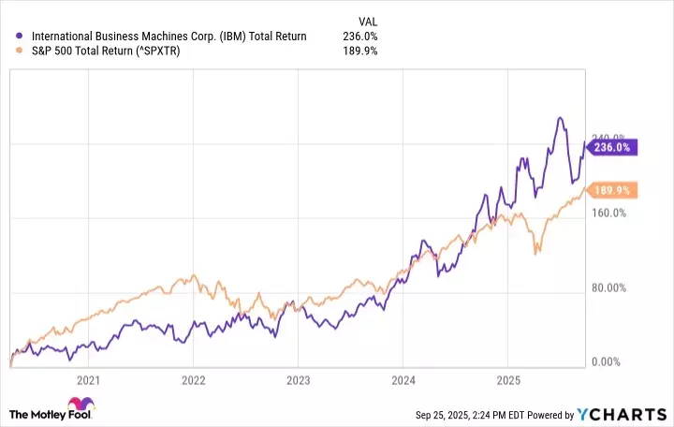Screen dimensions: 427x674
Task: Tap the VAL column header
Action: click(369, 21)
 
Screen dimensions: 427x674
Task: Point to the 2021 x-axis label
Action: click(88, 381)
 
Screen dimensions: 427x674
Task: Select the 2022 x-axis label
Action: click(193, 381)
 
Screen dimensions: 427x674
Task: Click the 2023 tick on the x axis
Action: click(298, 381)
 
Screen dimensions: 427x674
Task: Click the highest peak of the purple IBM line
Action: click(560, 118)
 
